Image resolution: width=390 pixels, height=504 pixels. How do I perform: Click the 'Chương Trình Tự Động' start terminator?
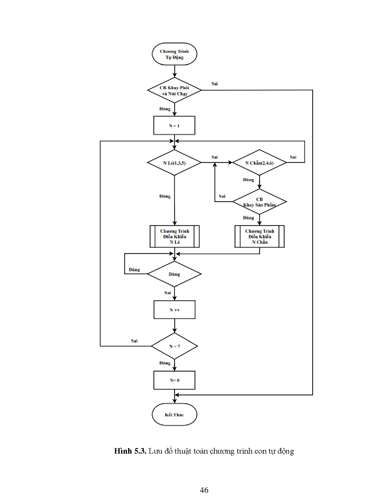click(174, 54)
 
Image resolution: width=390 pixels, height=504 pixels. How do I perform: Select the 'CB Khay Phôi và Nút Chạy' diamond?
click(174, 90)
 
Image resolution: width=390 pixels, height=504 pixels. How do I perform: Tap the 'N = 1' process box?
click(174, 126)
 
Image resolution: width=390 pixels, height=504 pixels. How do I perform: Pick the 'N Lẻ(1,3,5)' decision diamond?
click(174, 163)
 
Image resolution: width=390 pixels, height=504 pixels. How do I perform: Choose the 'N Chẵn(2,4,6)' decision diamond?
click(259, 163)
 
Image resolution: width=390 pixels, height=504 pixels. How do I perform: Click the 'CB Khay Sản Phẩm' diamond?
click(259, 202)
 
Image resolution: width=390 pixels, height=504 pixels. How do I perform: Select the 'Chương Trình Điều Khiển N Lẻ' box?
click(175, 236)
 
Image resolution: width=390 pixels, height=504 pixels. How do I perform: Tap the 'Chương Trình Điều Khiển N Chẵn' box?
click(259, 236)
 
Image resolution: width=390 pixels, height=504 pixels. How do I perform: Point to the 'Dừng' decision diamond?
click(174, 274)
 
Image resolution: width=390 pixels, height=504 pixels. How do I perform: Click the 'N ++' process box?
click(174, 310)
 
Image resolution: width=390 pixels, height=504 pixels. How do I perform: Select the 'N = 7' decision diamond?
click(174, 346)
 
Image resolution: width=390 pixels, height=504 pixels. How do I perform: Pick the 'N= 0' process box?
click(174, 380)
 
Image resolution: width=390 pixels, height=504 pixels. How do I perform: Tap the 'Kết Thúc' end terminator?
click(174, 415)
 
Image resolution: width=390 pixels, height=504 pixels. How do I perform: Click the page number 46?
click(204, 490)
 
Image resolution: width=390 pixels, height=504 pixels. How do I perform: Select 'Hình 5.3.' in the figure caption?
click(131, 451)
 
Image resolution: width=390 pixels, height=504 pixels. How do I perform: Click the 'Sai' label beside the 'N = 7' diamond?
click(134, 341)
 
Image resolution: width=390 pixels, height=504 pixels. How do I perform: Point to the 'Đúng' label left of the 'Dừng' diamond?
click(134, 270)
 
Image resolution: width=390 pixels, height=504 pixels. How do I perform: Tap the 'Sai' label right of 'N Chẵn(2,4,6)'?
click(293, 157)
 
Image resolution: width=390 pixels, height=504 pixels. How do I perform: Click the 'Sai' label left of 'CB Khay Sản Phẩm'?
click(222, 196)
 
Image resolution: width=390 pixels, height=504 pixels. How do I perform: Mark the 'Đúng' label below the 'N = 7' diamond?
click(165, 363)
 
